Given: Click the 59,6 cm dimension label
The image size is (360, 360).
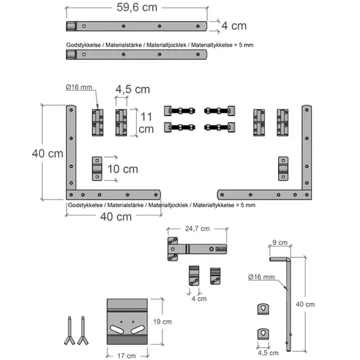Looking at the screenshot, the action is tap(137, 8).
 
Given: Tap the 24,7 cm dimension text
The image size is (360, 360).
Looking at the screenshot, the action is tap(198, 229).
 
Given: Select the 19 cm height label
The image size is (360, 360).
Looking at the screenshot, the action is tap(162, 321).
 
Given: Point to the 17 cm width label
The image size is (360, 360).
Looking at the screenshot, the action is tap(127, 356).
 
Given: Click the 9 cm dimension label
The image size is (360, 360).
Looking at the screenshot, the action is tap(280, 242).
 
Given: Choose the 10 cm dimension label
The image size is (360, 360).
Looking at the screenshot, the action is tap(123, 169).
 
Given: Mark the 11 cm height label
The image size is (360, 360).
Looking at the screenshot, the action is tap(146, 123).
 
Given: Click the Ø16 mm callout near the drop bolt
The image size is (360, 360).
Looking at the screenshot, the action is tap(262, 277).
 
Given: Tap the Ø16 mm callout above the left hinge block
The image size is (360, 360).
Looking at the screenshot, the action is tap(78, 87).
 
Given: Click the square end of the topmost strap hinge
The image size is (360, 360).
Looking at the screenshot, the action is tap(71, 26).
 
